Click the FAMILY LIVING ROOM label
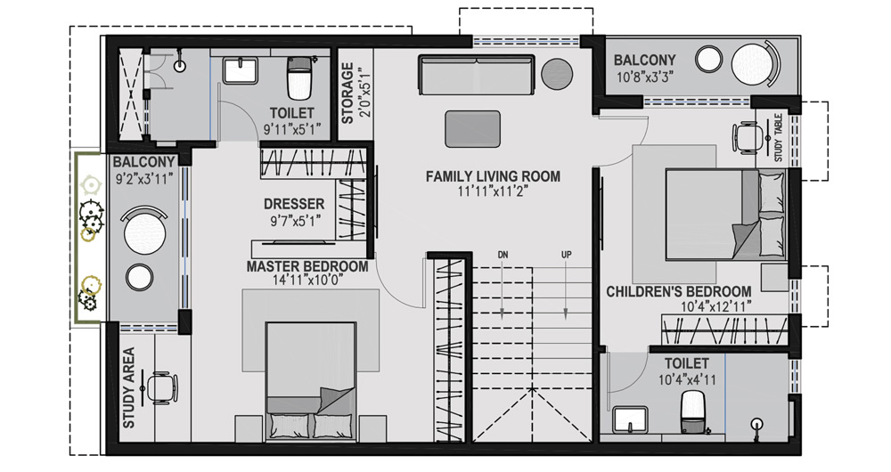pos(493,176)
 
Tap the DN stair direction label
pos(503,255)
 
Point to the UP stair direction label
pos(566,255)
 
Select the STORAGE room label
pos(347,94)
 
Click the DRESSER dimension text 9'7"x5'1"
pos(294,220)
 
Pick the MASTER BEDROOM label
pos(307,266)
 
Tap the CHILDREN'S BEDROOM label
pos(678,292)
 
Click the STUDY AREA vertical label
pos(129,387)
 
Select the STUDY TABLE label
pos(778,138)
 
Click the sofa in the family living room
pos(477,75)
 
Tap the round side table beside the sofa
pos(558,74)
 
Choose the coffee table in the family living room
pos(473,129)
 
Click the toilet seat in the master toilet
pos(299,78)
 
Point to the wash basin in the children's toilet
pos(630,419)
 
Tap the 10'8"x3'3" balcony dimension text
pos(644,77)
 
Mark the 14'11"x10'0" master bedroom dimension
pos(307,280)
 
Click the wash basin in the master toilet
pos(239,70)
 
